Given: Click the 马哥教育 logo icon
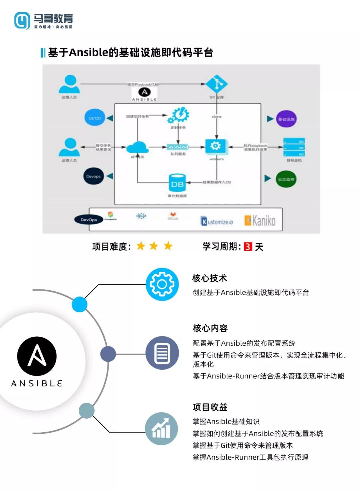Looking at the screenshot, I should coord(22,21).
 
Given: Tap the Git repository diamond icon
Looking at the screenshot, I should coord(217,84).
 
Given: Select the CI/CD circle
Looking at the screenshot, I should coord(95,118).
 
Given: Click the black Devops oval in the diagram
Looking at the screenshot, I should coord(93,176).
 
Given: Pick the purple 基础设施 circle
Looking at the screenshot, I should coord(286,119).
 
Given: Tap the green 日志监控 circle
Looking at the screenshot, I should coord(286,179).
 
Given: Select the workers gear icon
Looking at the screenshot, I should coord(216,147).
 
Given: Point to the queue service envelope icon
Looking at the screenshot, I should coord(178,147).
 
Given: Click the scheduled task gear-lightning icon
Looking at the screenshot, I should coord(179,115).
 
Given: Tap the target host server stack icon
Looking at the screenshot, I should coord(294,147).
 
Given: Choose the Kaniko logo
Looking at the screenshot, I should coord(260,220).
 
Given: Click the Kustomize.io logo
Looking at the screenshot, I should coord(217,221).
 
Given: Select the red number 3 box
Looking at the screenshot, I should coord(248,247).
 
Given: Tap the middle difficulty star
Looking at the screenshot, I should coord(154,246).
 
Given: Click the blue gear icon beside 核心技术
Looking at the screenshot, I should coord(162,284).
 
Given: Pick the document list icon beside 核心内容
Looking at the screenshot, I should coord(162,353).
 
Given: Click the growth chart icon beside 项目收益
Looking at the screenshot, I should coord(161,429).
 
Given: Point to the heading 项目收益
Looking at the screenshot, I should coord(210,407).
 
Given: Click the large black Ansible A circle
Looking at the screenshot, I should coord(37,356).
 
